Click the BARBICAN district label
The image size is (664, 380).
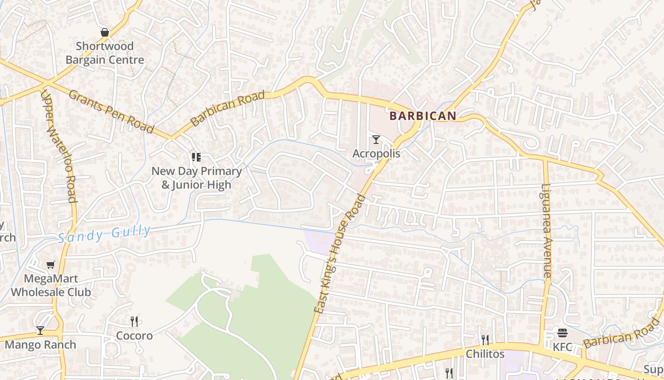[x=423, y=115]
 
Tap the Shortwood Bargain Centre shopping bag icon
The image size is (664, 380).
[x=105, y=32]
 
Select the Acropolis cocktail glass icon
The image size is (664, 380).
[x=376, y=140]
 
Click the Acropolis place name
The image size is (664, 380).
[x=376, y=153]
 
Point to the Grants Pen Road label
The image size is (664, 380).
[x=111, y=112]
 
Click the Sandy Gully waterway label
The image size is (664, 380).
[x=104, y=234]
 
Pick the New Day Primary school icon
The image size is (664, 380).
[x=196, y=157]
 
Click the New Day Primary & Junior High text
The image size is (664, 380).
[x=196, y=178]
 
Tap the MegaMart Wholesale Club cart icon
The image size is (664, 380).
[x=50, y=265]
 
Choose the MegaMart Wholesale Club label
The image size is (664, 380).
[x=51, y=285]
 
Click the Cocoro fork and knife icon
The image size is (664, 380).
[x=134, y=322]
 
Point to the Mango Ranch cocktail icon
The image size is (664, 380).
[x=40, y=331]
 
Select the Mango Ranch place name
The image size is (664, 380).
[x=40, y=345]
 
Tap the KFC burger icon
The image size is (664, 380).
[x=563, y=333]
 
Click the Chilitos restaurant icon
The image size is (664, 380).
[x=485, y=340]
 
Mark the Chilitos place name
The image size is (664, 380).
[x=485, y=354]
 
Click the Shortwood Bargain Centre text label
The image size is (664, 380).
[x=105, y=53]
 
